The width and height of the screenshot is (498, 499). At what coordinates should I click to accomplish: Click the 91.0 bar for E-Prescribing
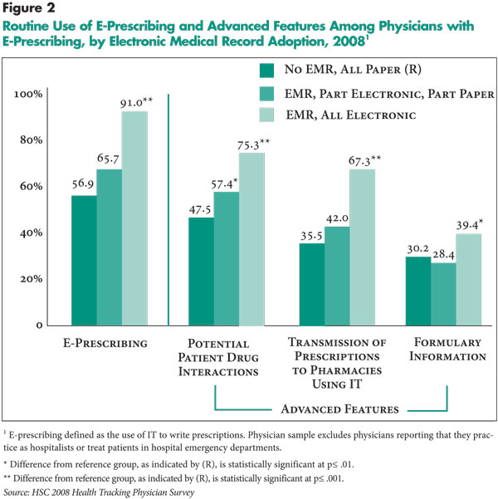click(x=134, y=218)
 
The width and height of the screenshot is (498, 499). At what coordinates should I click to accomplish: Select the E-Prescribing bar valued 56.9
click(x=84, y=261)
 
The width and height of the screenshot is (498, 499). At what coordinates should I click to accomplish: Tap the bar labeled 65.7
click(x=110, y=247)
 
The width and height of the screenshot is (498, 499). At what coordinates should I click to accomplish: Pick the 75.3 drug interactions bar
click(x=251, y=239)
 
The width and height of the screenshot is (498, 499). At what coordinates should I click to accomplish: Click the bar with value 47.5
click(x=201, y=272)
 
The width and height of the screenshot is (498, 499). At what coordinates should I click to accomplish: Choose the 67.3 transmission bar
click(x=363, y=247)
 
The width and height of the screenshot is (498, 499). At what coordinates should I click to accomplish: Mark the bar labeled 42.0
click(x=337, y=276)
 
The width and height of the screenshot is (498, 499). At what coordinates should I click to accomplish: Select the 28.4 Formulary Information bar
click(x=443, y=295)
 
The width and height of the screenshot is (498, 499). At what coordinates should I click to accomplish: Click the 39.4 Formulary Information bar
click(x=469, y=280)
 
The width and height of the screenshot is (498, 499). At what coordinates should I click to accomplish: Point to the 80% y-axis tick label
click(x=32, y=140)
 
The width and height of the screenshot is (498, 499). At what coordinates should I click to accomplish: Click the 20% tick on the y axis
click(x=32, y=279)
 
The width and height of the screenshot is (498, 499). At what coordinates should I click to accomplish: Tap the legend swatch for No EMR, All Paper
click(x=266, y=71)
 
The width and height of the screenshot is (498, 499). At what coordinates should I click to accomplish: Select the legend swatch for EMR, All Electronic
click(x=266, y=115)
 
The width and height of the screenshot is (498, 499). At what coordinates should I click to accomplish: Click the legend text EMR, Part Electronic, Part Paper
click(x=389, y=94)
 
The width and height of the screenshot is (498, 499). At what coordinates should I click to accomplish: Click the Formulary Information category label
click(x=447, y=349)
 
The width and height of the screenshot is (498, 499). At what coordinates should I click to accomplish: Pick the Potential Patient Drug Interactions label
click(x=218, y=357)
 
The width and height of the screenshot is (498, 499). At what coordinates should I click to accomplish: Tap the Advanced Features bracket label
click(x=339, y=409)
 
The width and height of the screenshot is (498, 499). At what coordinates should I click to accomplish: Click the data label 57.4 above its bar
click(x=224, y=183)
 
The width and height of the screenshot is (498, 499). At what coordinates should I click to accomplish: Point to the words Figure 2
click(x=29, y=8)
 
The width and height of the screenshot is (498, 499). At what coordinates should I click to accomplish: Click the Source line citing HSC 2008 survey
click(x=99, y=492)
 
